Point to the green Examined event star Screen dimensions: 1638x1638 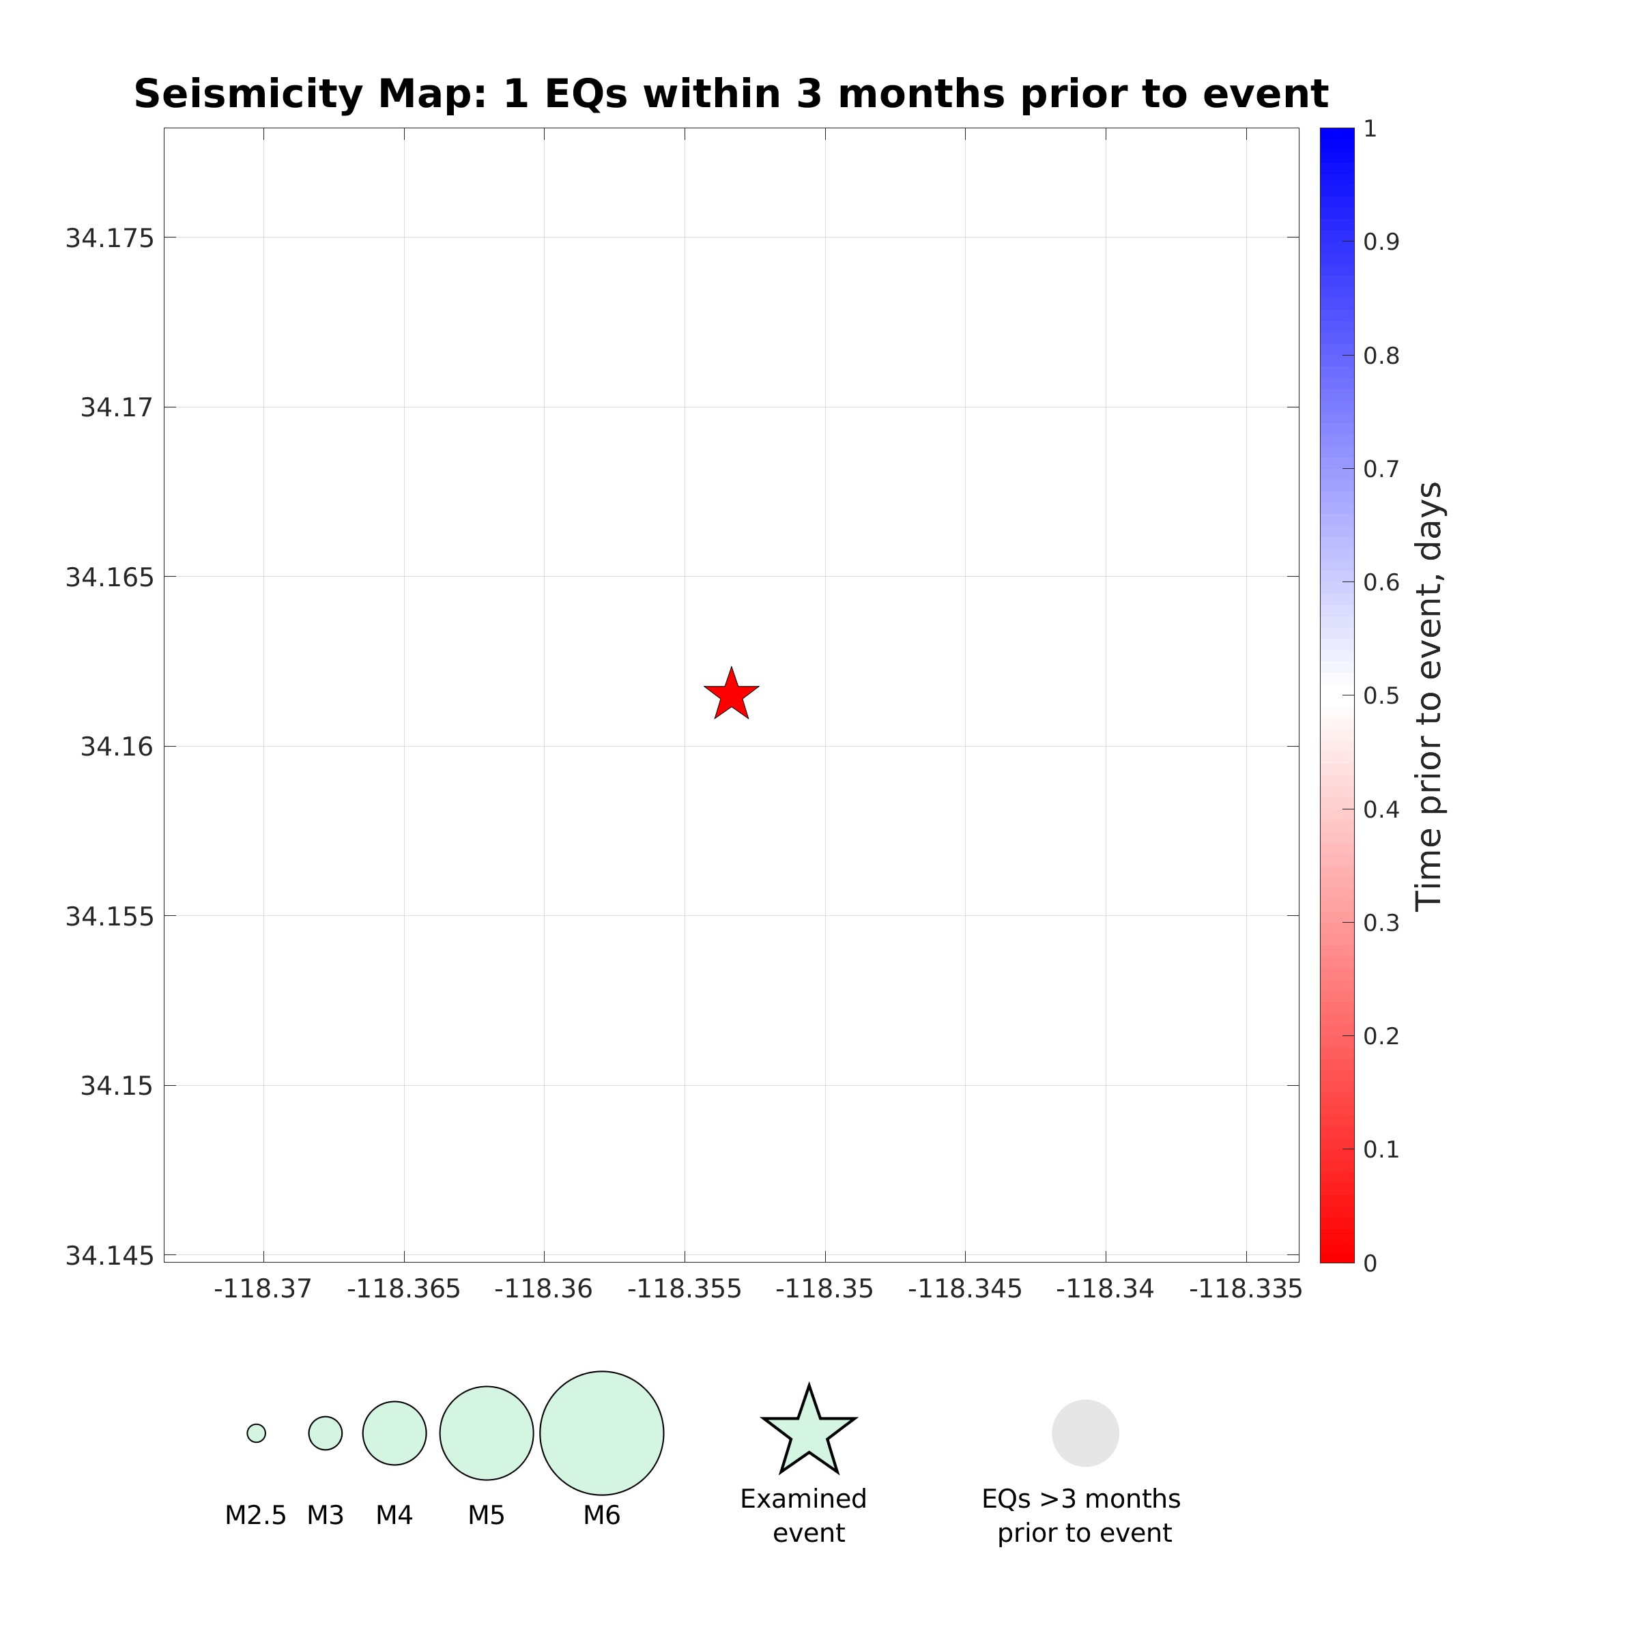click(x=809, y=1435)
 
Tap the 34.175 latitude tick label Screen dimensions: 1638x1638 click(x=110, y=239)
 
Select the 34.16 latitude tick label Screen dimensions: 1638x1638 click(x=117, y=747)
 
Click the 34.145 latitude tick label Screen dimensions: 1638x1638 click(x=110, y=1256)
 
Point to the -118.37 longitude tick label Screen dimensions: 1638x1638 click(x=263, y=1289)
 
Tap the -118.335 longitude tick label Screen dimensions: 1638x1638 click(x=1245, y=1289)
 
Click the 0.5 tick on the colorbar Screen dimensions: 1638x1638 click(x=1380, y=696)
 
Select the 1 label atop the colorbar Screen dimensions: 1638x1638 click(x=1370, y=129)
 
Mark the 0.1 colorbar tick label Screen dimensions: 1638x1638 click(x=1380, y=1149)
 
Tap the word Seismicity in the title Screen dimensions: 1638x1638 click(x=252, y=94)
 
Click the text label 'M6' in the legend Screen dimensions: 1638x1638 click(x=601, y=1515)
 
